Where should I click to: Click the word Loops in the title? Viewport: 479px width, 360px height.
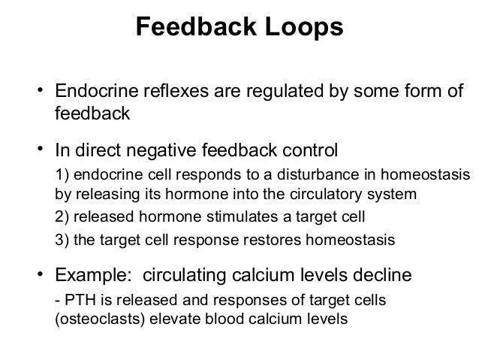[303, 28]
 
